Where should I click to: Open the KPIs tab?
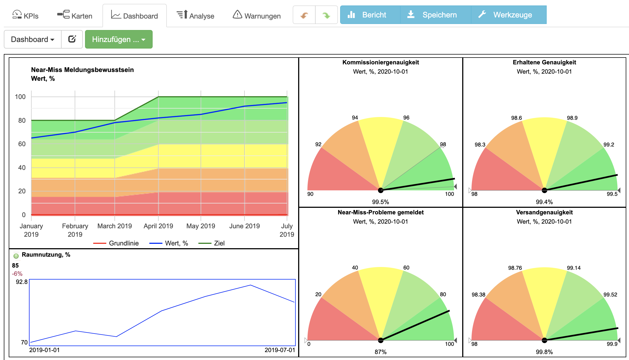pyautogui.click(x=25, y=16)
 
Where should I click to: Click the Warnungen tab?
pyautogui.click(x=256, y=16)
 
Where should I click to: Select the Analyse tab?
pyautogui.click(x=195, y=16)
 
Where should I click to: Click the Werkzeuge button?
pyautogui.click(x=509, y=15)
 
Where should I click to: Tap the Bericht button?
pyautogui.click(x=370, y=15)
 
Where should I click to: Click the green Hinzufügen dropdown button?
pyautogui.click(x=119, y=39)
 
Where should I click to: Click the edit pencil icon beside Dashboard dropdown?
pyautogui.click(x=72, y=39)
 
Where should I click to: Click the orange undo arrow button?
pyautogui.click(x=304, y=15)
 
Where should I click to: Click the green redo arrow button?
pyautogui.click(x=326, y=15)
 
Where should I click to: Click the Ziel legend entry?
pyautogui.click(x=211, y=243)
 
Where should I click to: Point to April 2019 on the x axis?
pyautogui.click(x=158, y=226)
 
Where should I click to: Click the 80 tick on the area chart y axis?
pyautogui.click(x=22, y=120)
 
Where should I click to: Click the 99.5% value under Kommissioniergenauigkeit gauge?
pyautogui.click(x=380, y=202)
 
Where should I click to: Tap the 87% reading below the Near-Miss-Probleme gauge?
pyautogui.click(x=380, y=352)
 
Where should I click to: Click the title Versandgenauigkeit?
pyautogui.click(x=544, y=212)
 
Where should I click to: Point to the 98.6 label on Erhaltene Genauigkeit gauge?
pyautogui.click(x=516, y=118)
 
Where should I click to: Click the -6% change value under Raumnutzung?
pyautogui.click(x=17, y=274)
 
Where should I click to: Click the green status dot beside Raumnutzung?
pyautogui.click(x=16, y=256)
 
